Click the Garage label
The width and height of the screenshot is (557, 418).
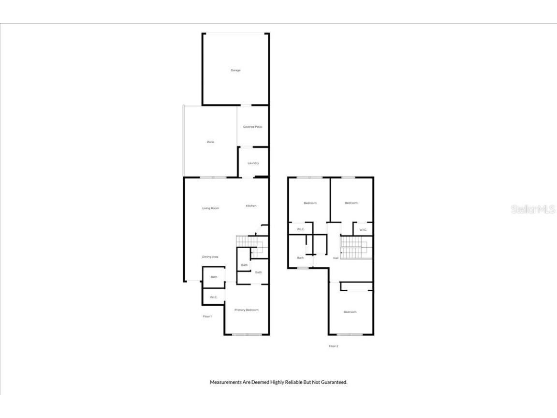pos(235,70)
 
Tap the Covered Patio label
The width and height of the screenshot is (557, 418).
pos(252,127)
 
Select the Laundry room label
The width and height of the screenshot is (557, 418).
pos(253,163)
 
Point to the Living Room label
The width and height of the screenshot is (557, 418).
pos(211,208)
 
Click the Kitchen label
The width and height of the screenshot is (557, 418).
pos(251,206)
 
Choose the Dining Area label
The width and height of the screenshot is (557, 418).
pos(210,257)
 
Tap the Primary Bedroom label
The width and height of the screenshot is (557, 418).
pos(247,310)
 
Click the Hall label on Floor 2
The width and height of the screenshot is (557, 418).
pos(336,258)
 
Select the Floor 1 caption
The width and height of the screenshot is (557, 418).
pos(207,316)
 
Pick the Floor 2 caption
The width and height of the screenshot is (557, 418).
pos(333,346)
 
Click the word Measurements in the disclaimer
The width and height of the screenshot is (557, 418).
pos(226,382)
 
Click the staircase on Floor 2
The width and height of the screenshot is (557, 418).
pos(356,247)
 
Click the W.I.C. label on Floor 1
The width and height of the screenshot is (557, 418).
pos(214,297)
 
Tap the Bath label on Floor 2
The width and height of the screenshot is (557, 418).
pos(301,258)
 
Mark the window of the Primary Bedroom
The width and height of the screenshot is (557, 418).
pos(247,334)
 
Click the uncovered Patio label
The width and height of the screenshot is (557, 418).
pos(211,142)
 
